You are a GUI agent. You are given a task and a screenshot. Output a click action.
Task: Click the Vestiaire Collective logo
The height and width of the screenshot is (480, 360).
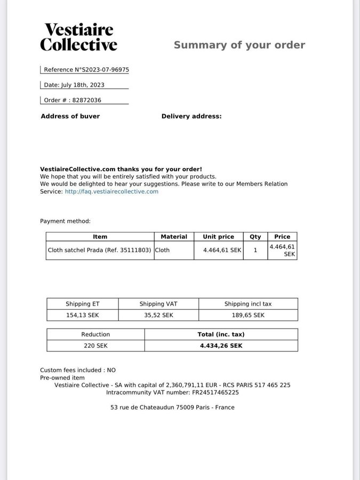point(78,37)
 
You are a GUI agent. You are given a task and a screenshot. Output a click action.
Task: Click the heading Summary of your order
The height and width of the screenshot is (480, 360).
point(239,45)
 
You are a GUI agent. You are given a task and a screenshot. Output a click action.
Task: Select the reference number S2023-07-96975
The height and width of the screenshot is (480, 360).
point(105,70)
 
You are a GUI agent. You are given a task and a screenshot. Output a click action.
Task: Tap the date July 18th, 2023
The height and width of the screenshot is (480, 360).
point(83,85)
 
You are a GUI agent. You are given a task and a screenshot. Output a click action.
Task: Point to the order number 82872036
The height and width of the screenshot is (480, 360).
point(87,100)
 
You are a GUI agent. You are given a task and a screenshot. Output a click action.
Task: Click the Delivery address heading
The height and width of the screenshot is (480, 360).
point(191,116)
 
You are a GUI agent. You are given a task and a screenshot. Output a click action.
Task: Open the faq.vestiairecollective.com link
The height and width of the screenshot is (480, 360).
point(111,191)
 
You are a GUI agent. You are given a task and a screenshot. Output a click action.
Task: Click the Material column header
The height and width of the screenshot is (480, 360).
point(174,237)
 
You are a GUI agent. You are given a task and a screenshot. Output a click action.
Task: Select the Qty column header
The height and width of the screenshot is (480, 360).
point(255,237)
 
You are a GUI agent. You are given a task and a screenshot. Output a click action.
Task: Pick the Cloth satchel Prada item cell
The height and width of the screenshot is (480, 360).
point(100,250)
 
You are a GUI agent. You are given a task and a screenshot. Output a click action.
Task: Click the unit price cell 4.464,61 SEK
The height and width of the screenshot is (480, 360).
point(222,250)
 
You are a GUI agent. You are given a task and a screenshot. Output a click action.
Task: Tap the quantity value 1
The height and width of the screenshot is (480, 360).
point(255,250)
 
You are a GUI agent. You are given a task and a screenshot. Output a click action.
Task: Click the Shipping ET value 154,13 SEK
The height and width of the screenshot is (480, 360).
point(83,315)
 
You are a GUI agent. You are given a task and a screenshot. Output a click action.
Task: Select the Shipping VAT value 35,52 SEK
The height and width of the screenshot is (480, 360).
point(158,315)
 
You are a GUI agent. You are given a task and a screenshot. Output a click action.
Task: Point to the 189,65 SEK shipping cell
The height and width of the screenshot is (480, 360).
point(248,315)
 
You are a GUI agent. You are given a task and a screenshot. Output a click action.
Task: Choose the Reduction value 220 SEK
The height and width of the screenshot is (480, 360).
point(95,346)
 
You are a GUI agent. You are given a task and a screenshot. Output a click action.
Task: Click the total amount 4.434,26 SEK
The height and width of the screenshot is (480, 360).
point(221,346)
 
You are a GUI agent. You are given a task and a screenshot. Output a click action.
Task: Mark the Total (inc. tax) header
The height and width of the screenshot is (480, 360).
point(221,334)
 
